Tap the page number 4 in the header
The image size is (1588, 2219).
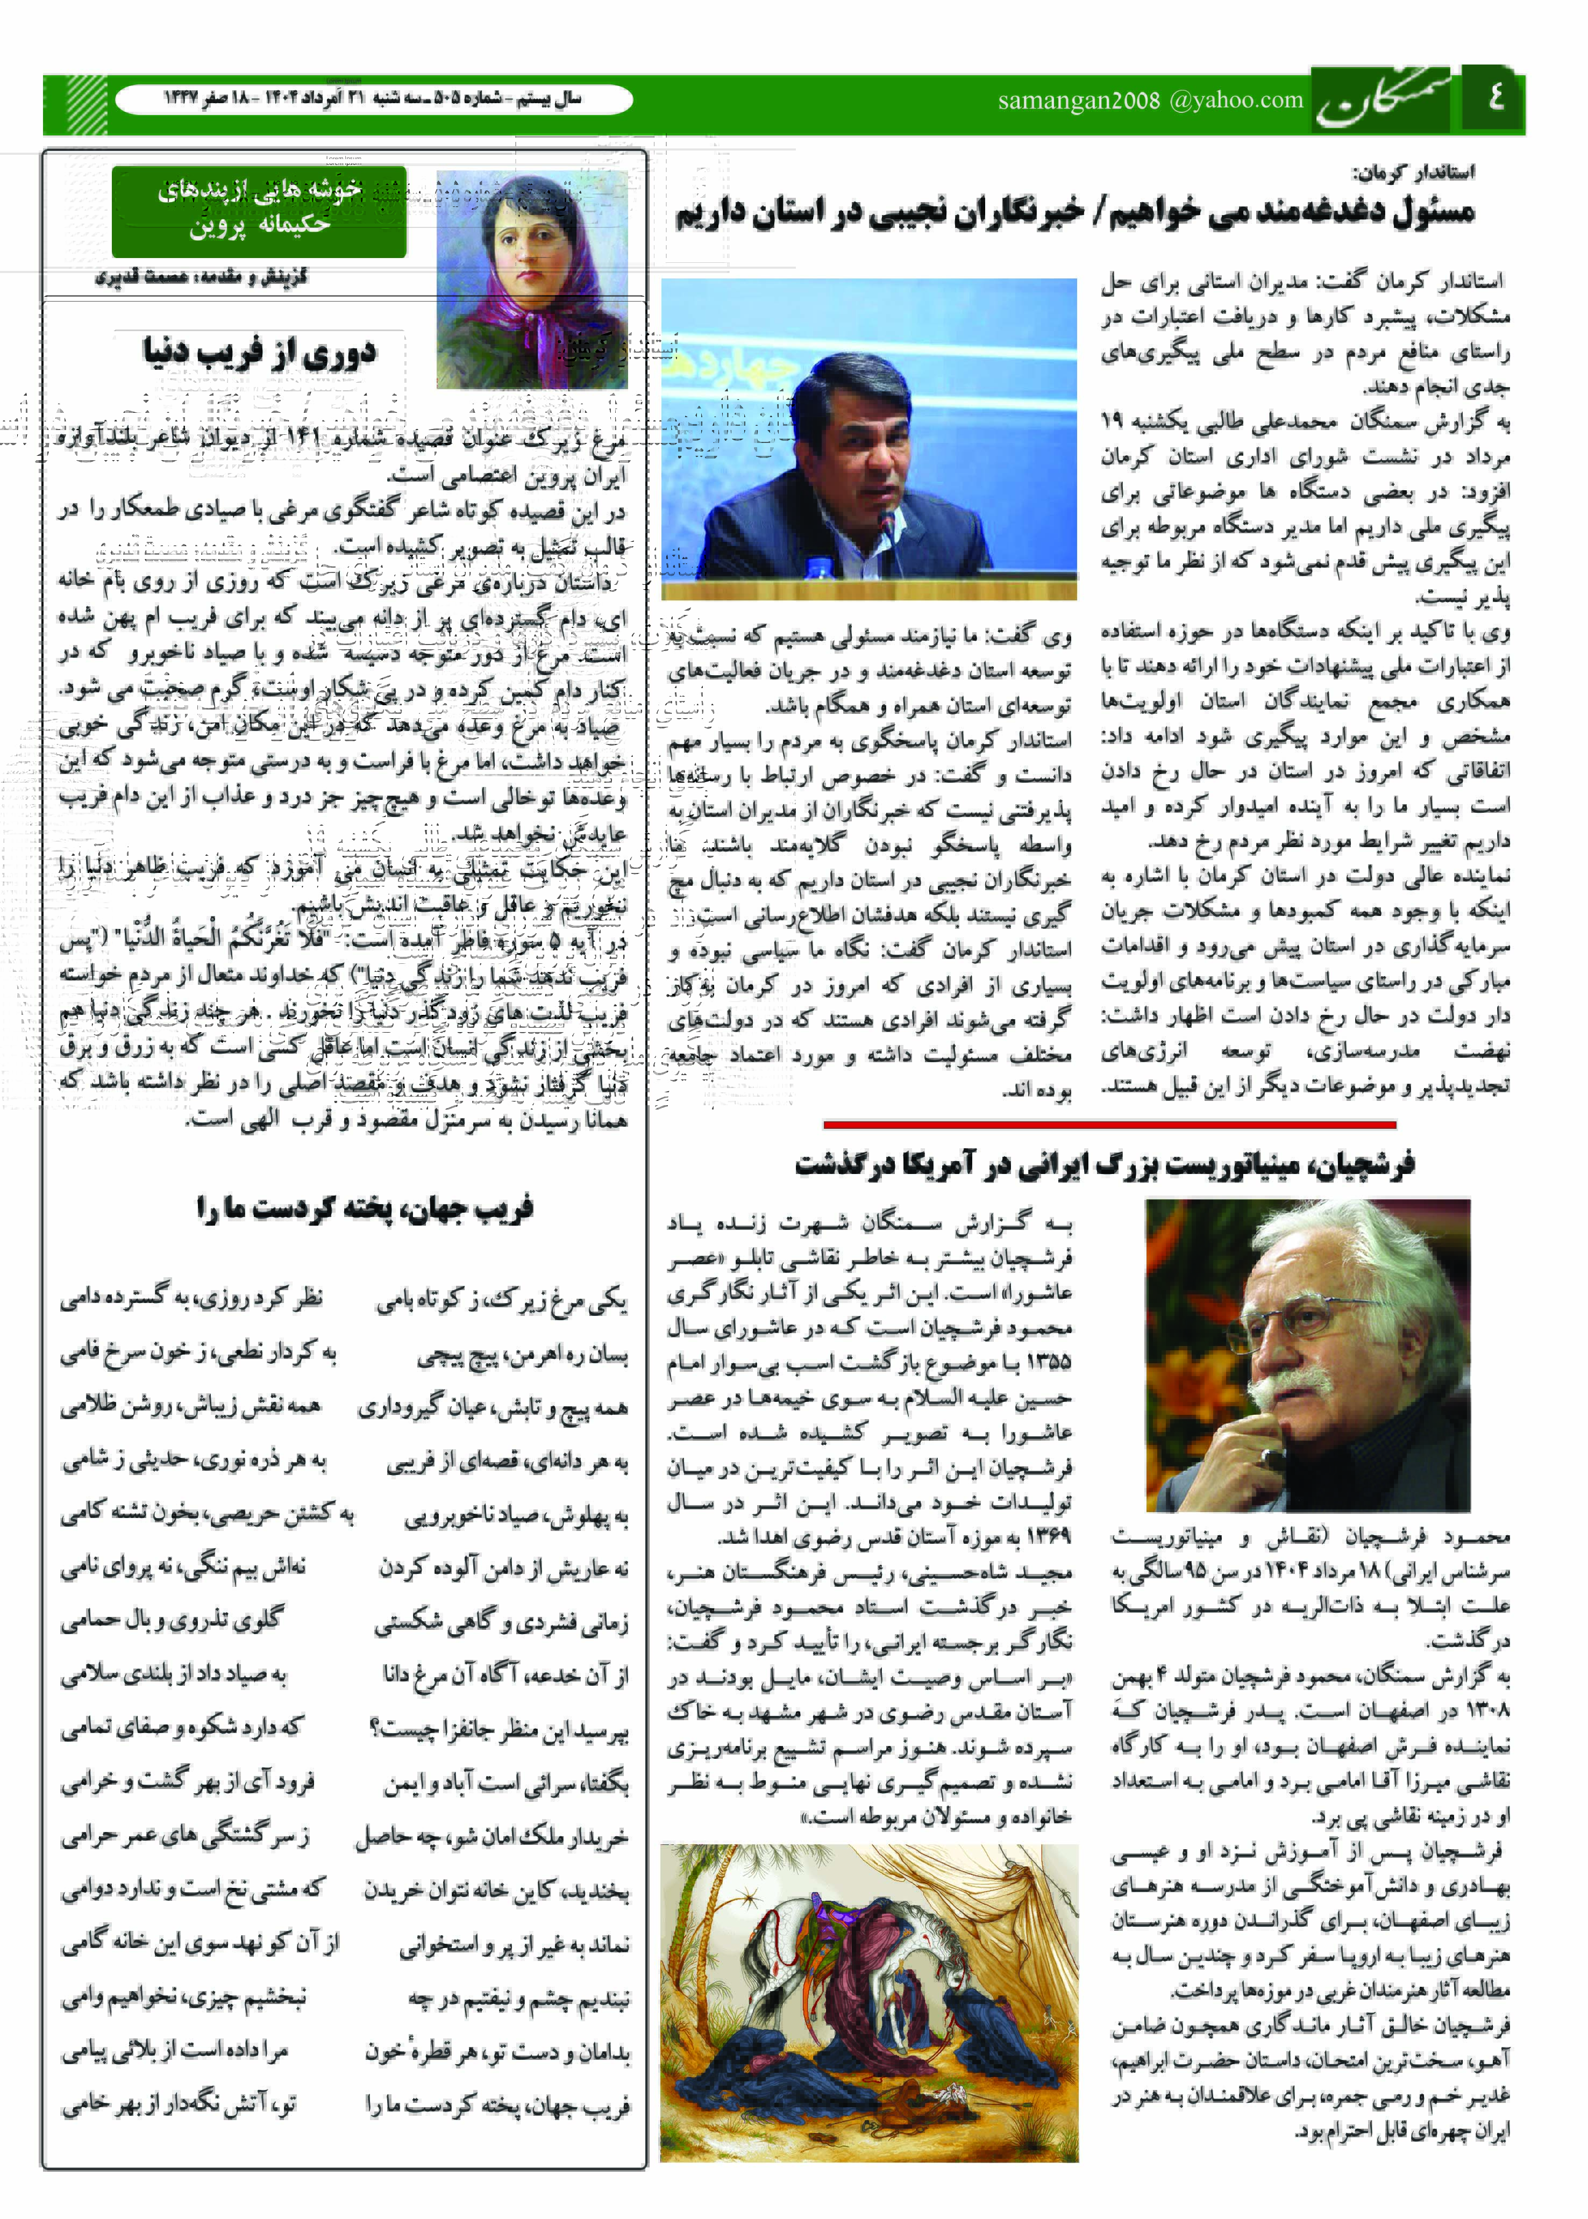1494,99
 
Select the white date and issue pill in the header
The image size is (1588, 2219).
374,99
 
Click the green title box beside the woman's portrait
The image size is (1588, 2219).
259,211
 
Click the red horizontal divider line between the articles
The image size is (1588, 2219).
1166,1124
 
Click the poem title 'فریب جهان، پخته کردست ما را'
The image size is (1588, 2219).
365,1209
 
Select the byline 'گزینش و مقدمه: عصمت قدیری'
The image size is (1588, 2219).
202,277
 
